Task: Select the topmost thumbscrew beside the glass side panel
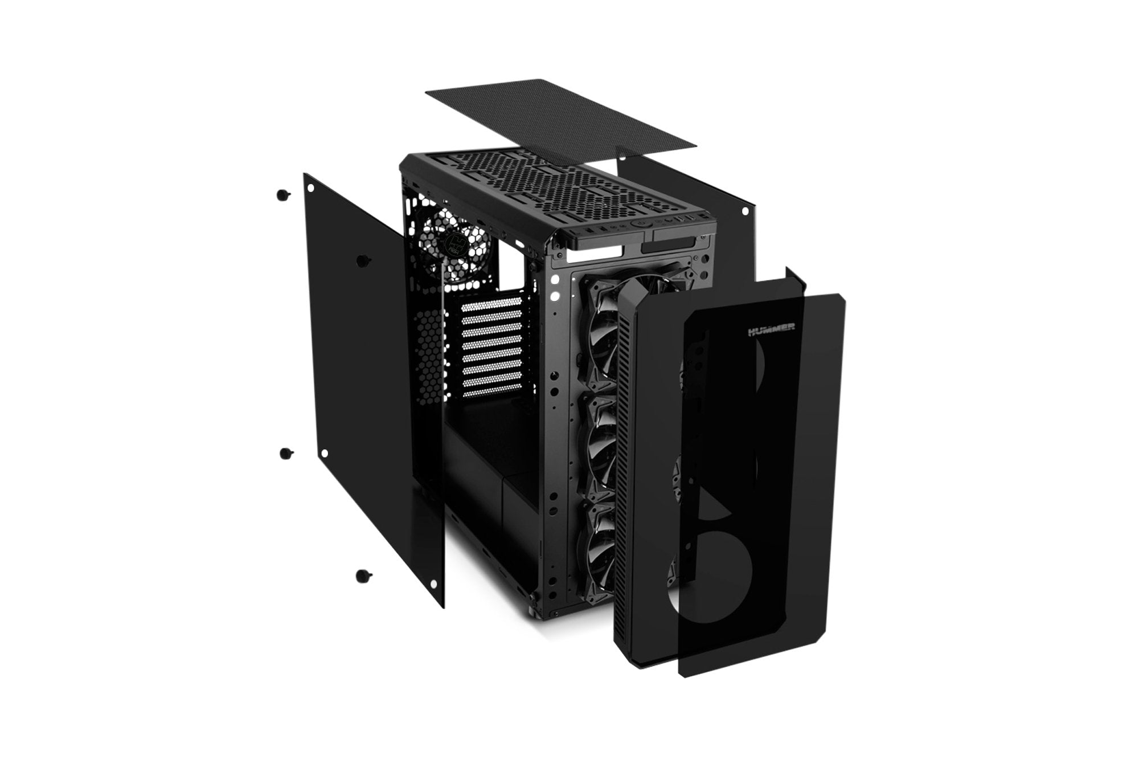click(x=281, y=195)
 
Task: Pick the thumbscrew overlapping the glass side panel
click(x=361, y=261)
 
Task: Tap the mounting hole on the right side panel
click(x=744, y=211)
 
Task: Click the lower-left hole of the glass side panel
click(x=324, y=453)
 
